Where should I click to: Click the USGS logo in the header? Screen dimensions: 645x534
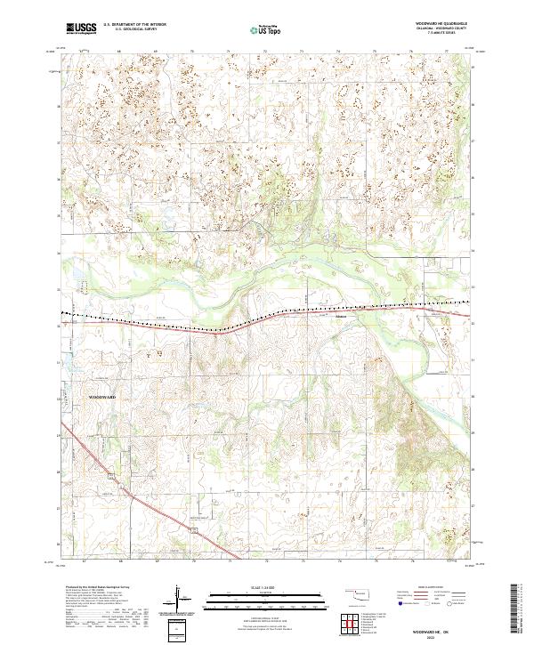81,28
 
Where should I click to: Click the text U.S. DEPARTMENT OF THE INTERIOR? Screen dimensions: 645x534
134,25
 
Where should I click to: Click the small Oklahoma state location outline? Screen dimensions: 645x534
360,593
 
